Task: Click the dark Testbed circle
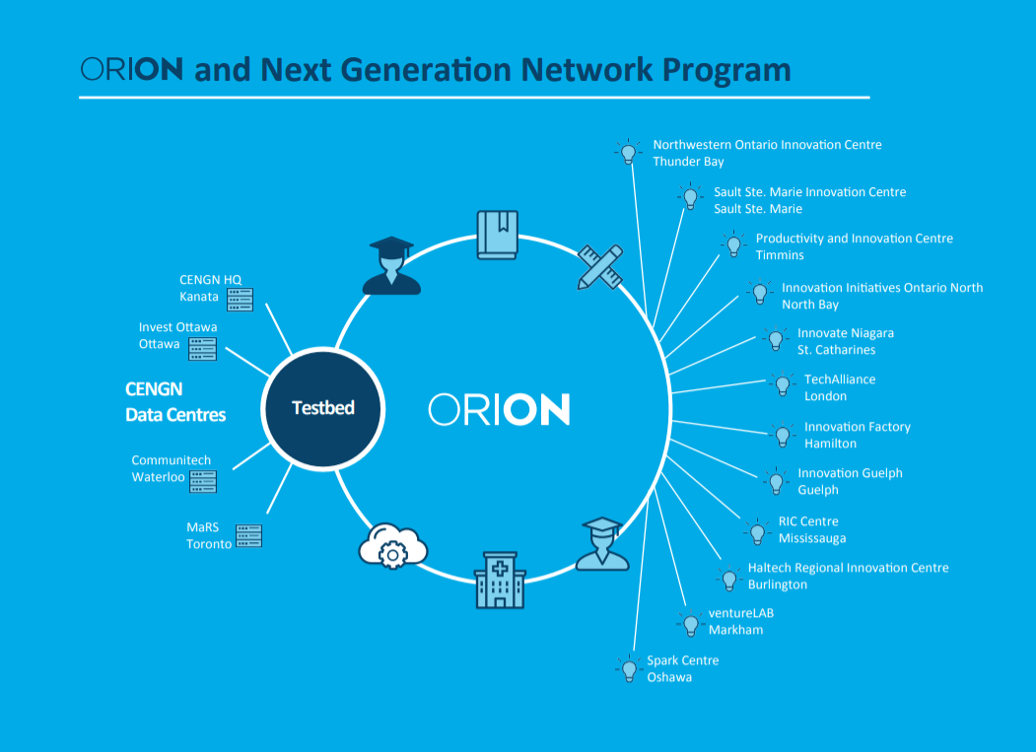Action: [323, 408]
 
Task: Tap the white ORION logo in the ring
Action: [499, 409]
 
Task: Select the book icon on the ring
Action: [498, 235]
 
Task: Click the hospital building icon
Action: [500, 580]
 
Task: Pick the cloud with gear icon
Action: [393, 546]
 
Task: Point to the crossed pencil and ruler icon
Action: [600, 267]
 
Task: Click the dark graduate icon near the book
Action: [391, 266]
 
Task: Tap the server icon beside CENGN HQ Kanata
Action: [240, 300]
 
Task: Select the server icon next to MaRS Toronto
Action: [249, 535]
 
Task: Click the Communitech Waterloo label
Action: [172, 468]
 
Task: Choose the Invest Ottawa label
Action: [177, 335]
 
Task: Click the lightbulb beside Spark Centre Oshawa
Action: [629, 669]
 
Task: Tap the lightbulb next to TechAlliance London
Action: [783, 385]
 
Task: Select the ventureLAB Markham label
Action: [740, 621]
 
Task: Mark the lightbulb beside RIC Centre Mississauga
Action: [757, 532]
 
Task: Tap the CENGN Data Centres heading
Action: [175, 402]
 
